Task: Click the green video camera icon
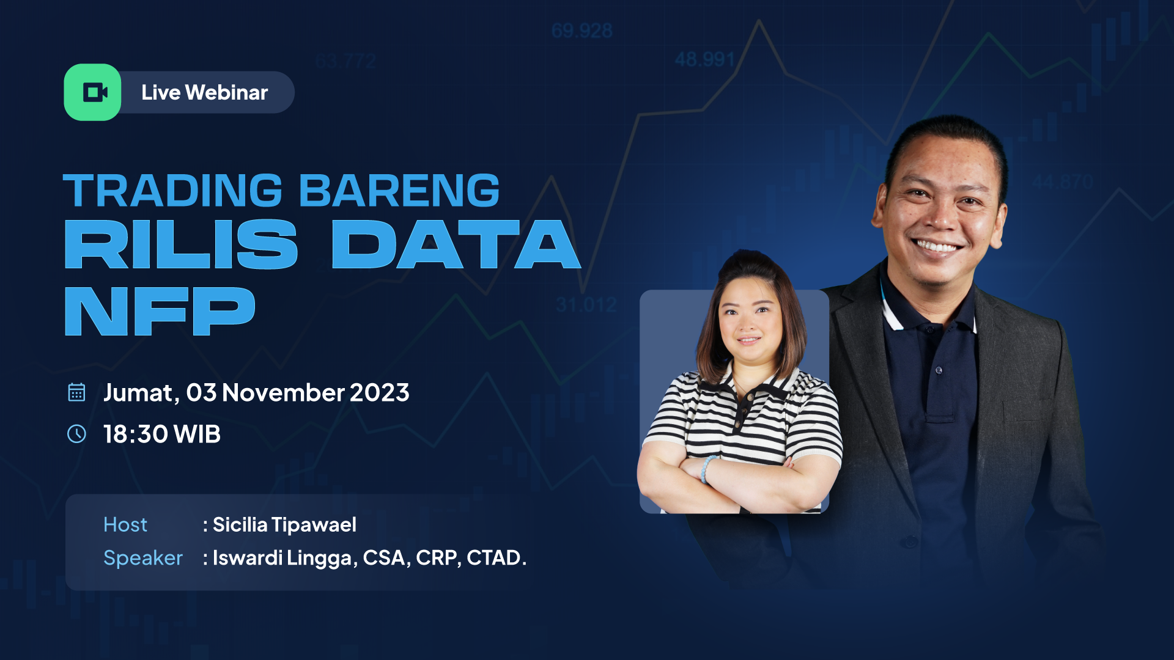click(x=93, y=92)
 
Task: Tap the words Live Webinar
click(x=204, y=92)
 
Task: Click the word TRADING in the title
click(x=173, y=191)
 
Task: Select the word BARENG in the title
click(x=399, y=191)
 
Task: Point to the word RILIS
click(x=181, y=244)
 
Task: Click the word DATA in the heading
click(x=456, y=244)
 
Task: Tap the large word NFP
click(x=160, y=311)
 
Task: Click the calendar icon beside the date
click(x=76, y=392)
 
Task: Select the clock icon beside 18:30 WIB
click(x=76, y=434)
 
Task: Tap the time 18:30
click(x=135, y=434)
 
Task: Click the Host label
click(x=125, y=524)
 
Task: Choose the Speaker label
click(x=143, y=558)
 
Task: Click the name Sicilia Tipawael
click(x=284, y=524)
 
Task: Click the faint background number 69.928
click(x=581, y=31)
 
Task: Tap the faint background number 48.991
click(x=704, y=59)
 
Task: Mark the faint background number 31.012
click(x=586, y=304)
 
